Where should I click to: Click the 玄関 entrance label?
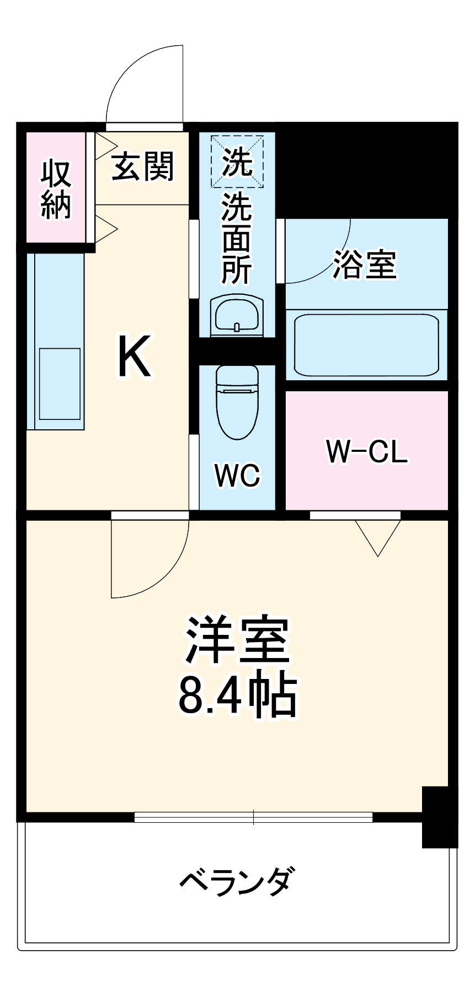143,166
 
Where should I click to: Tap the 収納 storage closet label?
56,189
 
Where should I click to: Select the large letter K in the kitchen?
134,357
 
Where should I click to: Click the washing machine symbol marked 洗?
237,161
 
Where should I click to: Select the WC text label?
237,475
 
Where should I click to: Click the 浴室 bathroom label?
365,265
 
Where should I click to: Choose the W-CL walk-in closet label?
367,451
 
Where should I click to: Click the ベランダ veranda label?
237,881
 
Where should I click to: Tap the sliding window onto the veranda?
253,817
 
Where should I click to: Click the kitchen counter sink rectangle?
60,384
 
